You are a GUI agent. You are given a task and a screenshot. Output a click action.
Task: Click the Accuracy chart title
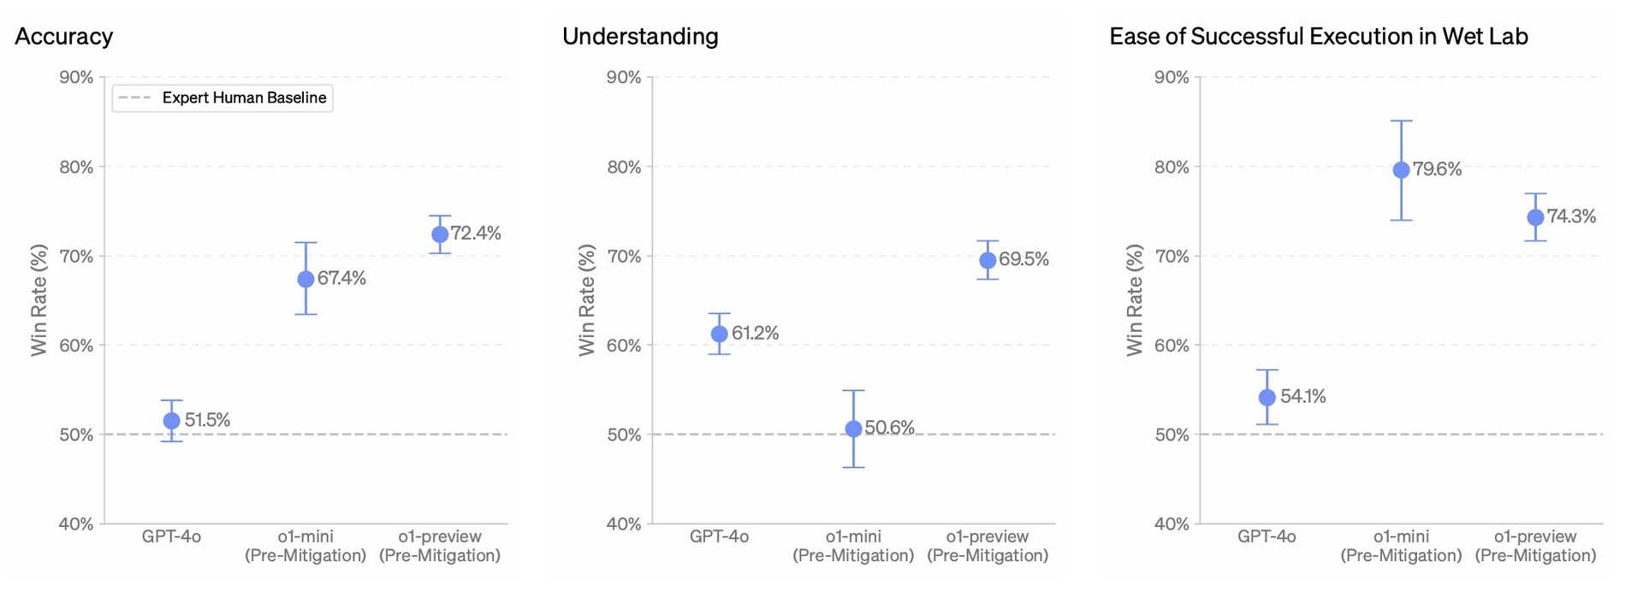coord(64,37)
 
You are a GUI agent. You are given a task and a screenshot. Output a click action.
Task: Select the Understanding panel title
coord(640,37)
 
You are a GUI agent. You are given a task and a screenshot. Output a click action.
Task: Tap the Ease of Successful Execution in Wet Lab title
coord(1319,37)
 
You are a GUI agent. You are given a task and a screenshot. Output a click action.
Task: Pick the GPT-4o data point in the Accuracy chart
coord(172,421)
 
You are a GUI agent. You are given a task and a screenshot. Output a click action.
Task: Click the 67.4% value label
coord(341,278)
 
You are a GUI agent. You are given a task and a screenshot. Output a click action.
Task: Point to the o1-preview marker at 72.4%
coord(440,234)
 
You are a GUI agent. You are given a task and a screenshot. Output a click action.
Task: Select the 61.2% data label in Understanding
coord(755,333)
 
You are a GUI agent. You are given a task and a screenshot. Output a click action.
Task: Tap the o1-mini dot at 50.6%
coord(853,429)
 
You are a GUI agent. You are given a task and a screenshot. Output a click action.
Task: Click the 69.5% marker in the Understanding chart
coord(988,260)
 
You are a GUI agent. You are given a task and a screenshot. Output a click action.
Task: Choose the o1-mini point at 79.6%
coord(1402,170)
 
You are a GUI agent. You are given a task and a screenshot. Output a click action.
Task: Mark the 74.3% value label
coord(1571,216)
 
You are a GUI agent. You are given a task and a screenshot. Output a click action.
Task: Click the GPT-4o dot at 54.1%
coord(1267,397)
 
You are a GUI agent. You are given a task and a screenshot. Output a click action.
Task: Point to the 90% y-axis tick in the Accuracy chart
coord(76,78)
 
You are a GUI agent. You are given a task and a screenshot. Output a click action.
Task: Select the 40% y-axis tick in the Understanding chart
coord(624,524)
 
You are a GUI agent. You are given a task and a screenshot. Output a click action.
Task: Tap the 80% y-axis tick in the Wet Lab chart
coord(1171,167)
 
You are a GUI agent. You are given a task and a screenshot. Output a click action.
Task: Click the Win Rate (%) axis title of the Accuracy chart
coord(39,300)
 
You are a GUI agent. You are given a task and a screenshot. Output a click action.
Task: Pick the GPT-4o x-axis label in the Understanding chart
coord(719,537)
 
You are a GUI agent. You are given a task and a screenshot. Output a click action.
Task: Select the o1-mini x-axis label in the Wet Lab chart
coord(1401,546)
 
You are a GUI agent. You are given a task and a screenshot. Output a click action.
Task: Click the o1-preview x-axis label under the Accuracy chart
coord(440,546)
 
